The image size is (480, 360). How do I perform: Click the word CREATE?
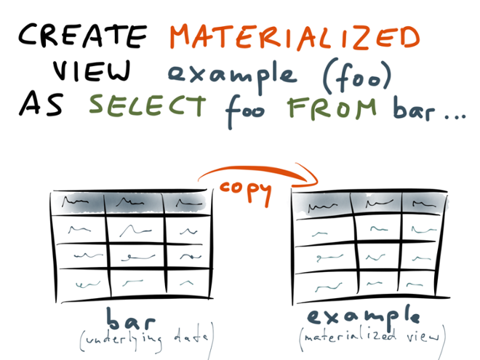click(x=82, y=36)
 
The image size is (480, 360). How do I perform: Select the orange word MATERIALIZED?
click(x=296, y=37)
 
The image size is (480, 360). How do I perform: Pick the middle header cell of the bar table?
click(x=133, y=202)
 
